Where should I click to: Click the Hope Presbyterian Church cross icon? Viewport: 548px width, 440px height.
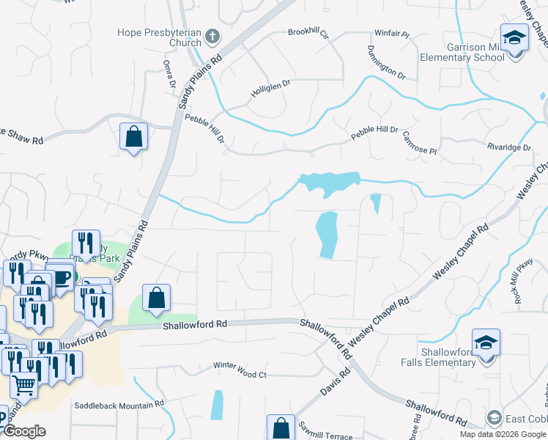(x=212, y=36)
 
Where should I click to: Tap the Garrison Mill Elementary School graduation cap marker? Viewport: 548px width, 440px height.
(x=514, y=37)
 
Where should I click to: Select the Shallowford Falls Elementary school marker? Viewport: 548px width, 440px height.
(x=486, y=342)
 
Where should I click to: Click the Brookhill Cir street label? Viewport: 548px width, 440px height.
(x=308, y=33)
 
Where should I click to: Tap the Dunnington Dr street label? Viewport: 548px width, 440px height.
(x=386, y=62)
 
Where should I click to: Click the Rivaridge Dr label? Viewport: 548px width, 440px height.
(x=509, y=147)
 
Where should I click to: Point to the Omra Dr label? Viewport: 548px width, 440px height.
(x=169, y=75)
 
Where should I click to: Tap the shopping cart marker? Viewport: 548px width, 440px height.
(x=24, y=384)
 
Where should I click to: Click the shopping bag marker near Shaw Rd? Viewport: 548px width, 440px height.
(x=133, y=136)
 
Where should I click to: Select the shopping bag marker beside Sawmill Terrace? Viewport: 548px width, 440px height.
(x=281, y=426)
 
